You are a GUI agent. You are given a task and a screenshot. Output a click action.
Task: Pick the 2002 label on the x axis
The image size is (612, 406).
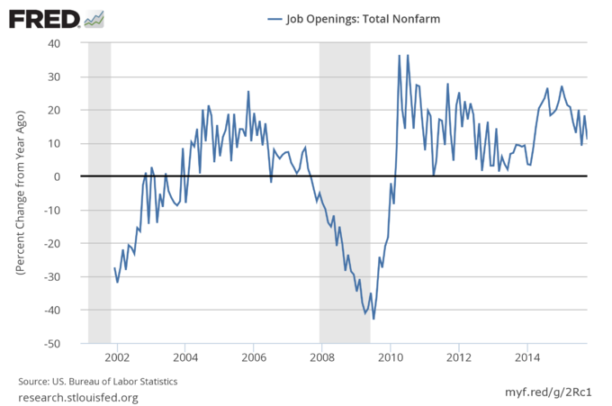tap(117, 356)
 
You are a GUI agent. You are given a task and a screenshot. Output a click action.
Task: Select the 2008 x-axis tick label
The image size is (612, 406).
tap(322, 356)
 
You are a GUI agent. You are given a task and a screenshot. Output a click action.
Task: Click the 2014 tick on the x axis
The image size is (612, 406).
tap(527, 356)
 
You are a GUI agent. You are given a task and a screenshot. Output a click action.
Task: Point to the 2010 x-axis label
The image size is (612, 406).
tap(391, 356)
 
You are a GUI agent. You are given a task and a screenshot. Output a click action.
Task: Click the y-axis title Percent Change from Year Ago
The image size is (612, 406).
tap(19, 194)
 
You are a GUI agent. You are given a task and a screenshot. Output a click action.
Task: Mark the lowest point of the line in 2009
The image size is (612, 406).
tap(373, 319)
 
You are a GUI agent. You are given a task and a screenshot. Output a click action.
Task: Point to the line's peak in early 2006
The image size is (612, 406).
tap(248, 92)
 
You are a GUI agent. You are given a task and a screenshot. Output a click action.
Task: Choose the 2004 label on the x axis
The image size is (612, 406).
tap(185, 356)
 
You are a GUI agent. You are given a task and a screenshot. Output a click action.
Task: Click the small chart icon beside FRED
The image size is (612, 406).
tap(94, 18)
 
